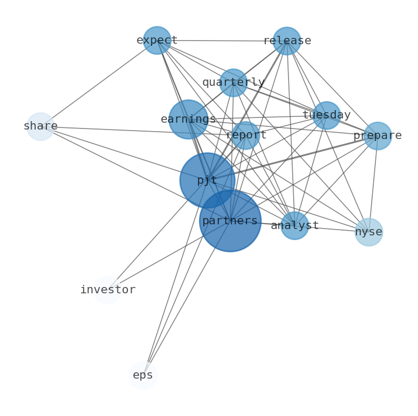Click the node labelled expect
[157, 41]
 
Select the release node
[286, 41]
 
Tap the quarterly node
[233, 83]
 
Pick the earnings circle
[188, 120]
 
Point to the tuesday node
[326, 115]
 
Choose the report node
[245, 135]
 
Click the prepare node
[377, 136]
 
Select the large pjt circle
[207, 181]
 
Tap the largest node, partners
[230, 221]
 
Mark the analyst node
[294, 226]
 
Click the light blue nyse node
[369, 232]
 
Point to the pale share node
[41, 126]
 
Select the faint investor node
[107, 290]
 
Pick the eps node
[143, 375]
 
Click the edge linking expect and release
[221, 41]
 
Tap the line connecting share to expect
[99, 83]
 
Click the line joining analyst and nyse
[332, 229]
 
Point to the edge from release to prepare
[333, 89]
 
